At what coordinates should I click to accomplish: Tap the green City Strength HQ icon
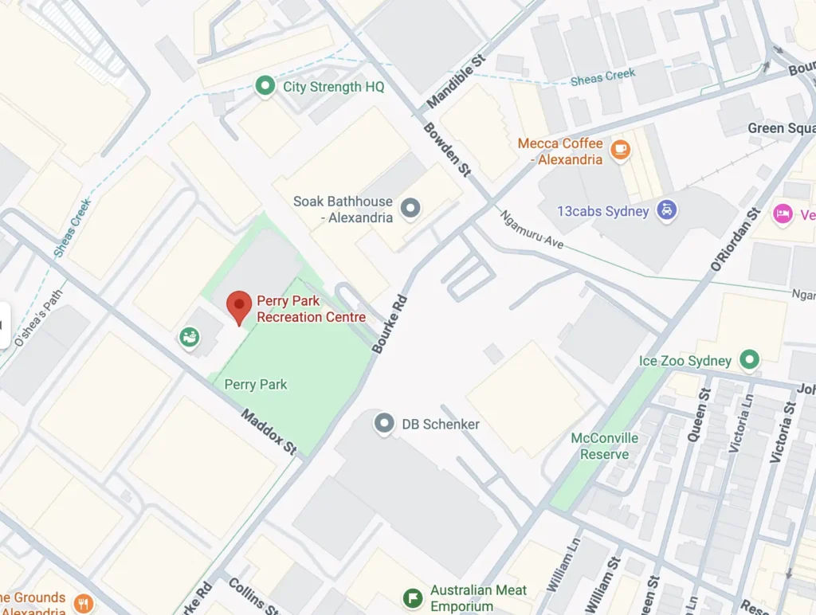(x=265, y=86)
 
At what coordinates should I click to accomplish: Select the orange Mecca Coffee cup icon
(x=619, y=149)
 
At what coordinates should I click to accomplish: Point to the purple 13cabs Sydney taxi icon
(x=666, y=211)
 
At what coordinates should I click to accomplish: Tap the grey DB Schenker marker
(x=384, y=423)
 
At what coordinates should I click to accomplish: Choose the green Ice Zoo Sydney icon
(x=748, y=360)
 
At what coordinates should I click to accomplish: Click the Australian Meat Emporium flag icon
(x=412, y=597)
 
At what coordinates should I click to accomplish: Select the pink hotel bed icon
(x=783, y=213)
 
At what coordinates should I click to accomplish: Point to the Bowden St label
(x=446, y=149)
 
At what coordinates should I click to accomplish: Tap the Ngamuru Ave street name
(x=531, y=229)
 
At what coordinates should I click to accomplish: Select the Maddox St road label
(x=269, y=431)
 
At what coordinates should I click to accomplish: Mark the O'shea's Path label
(x=37, y=317)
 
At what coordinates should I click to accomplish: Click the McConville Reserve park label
(x=604, y=446)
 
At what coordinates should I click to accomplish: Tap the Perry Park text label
(x=255, y=384)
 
